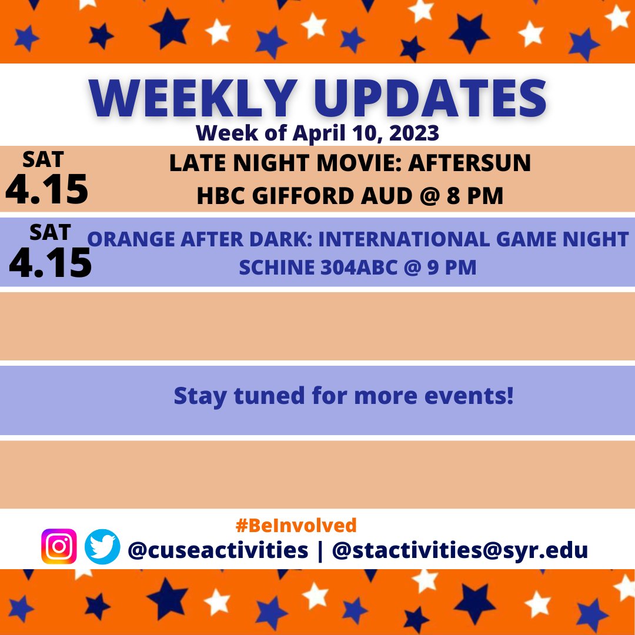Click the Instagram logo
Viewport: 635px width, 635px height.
59,547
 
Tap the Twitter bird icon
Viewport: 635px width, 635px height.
102,547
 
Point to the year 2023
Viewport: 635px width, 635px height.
414,133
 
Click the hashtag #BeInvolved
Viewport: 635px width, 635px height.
296,524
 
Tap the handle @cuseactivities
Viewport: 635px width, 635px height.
218,550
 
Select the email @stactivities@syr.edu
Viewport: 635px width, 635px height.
460,550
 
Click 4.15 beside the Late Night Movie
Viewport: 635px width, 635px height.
47,190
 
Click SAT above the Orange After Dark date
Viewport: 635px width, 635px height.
51,233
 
